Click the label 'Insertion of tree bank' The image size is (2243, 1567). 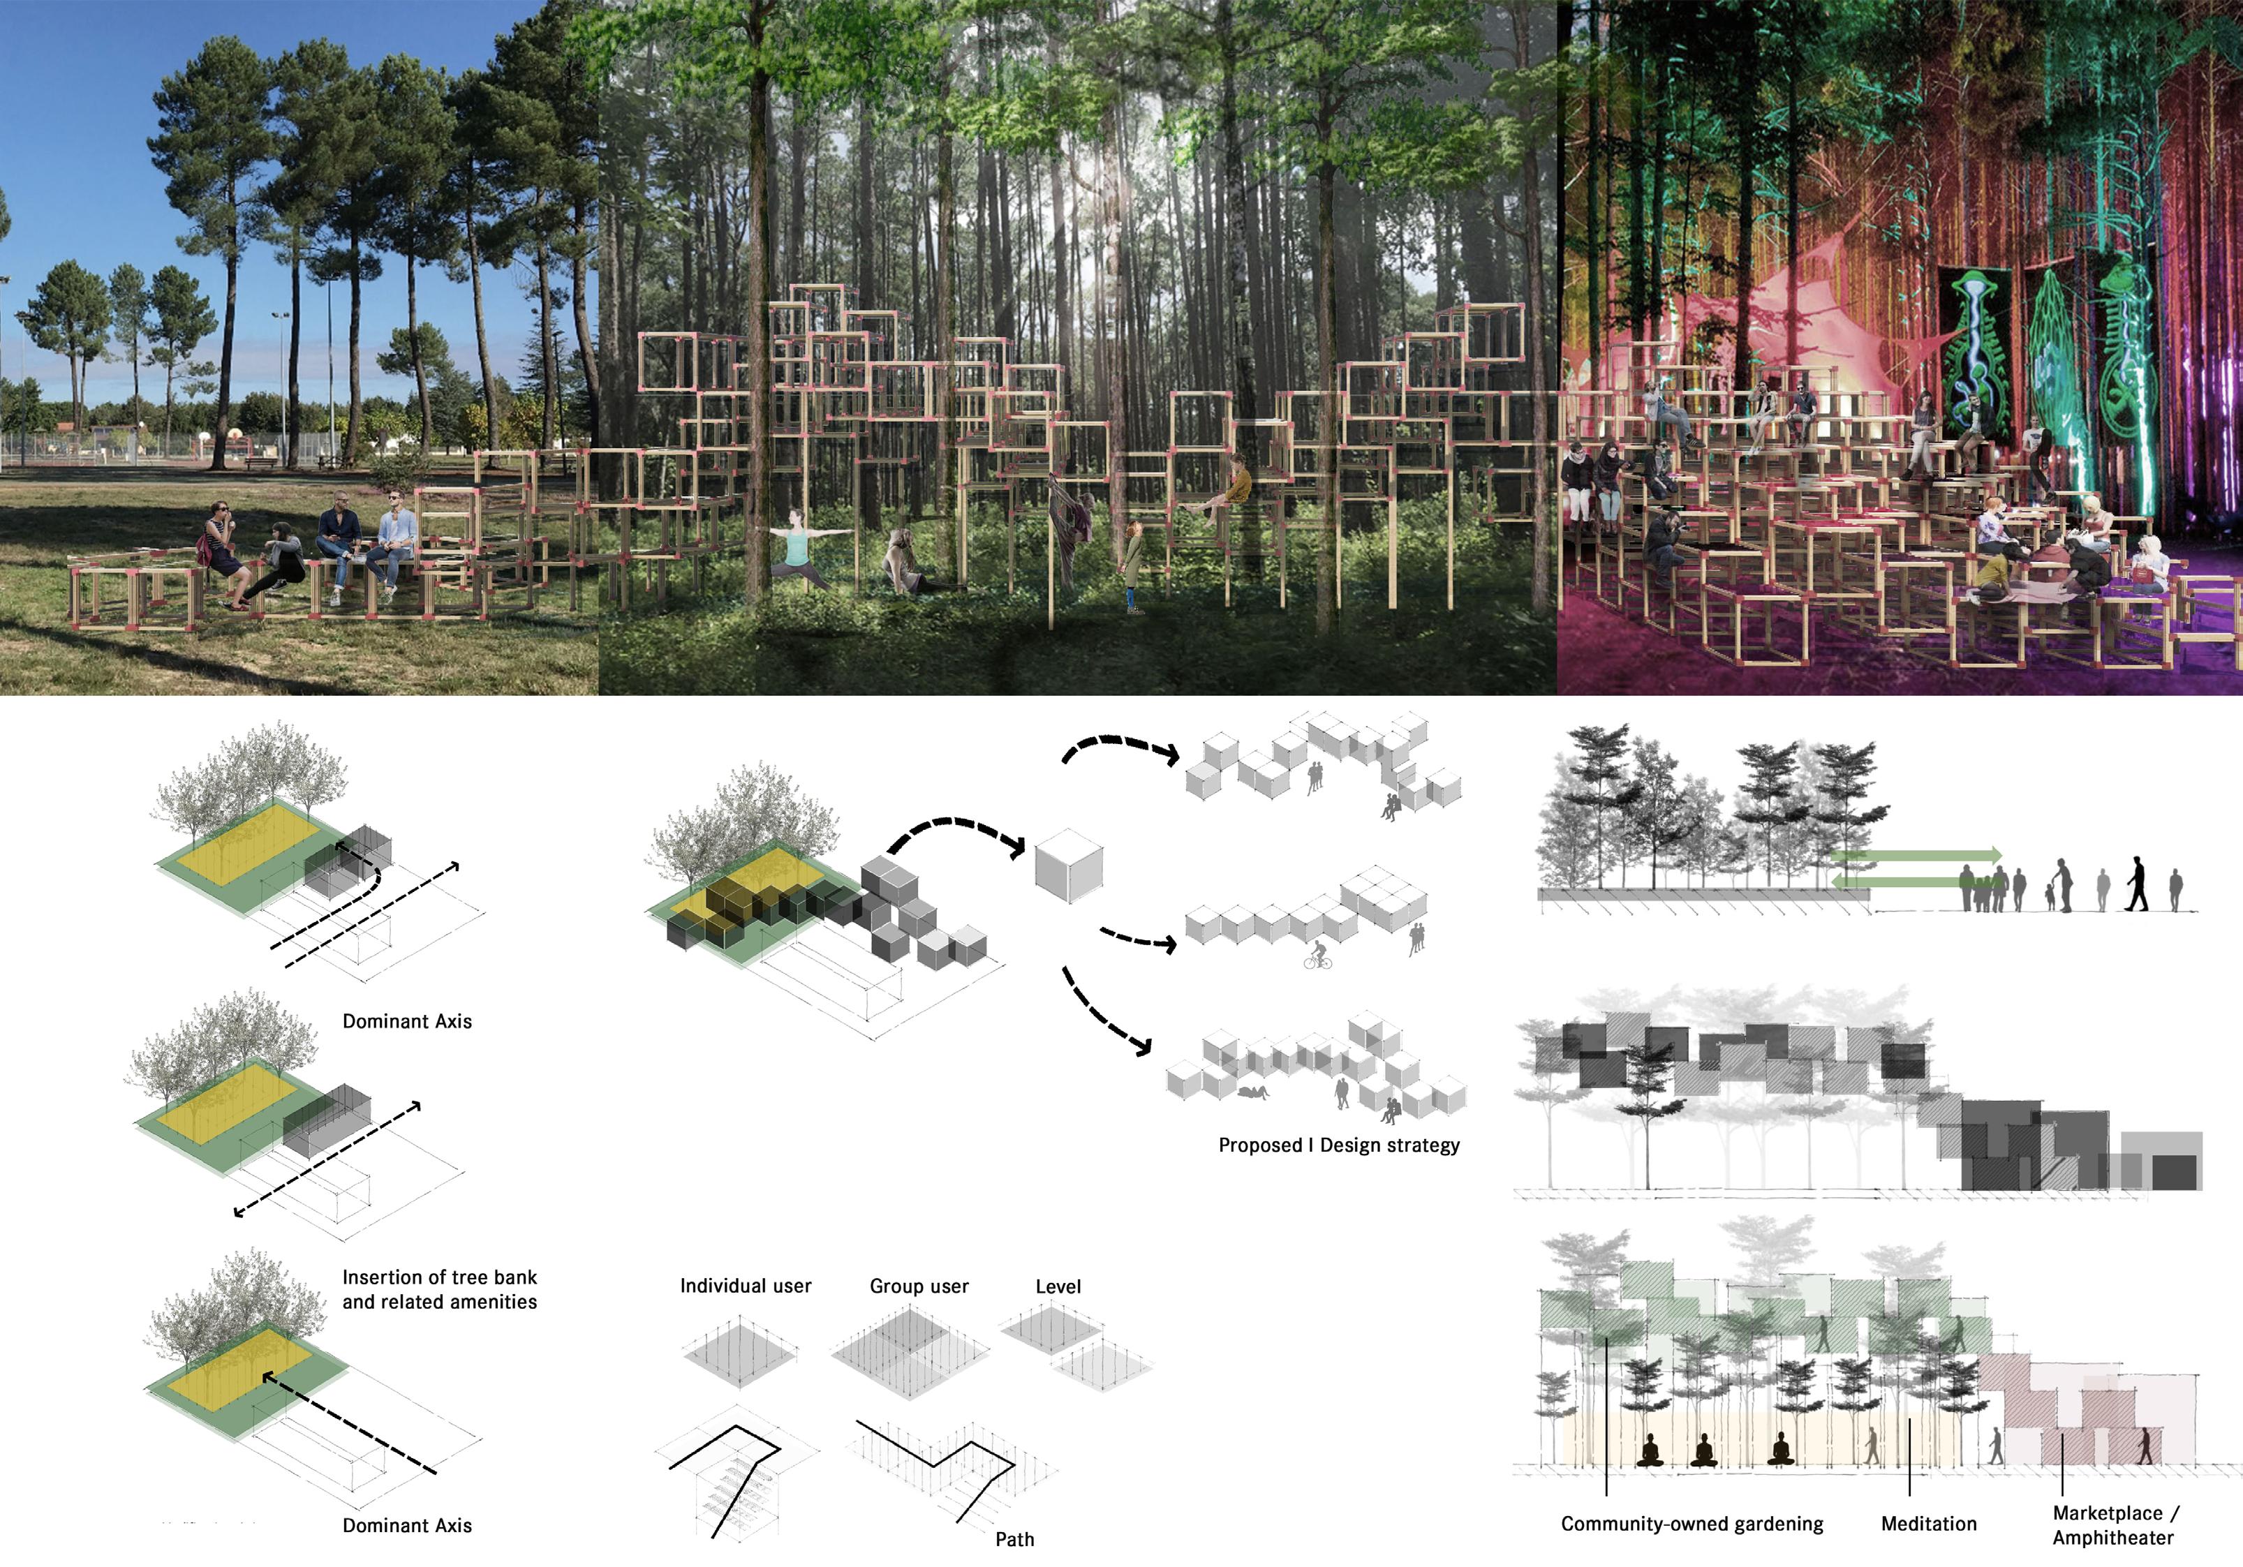tap(440, 1277)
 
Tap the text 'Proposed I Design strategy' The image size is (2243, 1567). tap(1338, 1145)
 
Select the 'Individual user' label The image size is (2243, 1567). tap(746, 1286)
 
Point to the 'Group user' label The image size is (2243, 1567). tap(918, 1286)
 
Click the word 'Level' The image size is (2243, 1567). tap(1058, 1286)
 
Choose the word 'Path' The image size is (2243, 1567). tap(1014, 1538)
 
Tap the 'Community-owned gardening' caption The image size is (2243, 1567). tap(1691, 1523)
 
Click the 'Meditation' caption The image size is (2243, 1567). tap(1928, 1523)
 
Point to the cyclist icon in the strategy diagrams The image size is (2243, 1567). tap(1318, 956)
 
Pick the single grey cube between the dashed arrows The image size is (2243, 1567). tap(1069, 866)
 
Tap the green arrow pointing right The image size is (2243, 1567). tap(1915, 856)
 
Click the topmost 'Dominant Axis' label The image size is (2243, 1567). tap(406, 1021)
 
